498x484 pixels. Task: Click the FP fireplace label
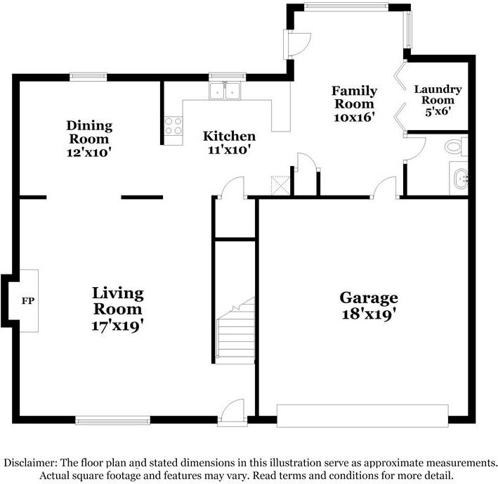pyautogui.click(x=28, y=302)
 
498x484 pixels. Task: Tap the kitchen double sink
pyautogui.click(x=227, y=91)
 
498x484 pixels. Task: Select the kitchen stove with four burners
pyautogui.click(x=173, y=126)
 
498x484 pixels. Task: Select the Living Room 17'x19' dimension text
pyautogui.click(x=118, y=325)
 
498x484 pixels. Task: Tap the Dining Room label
pyautogui.click(x=89, y=132)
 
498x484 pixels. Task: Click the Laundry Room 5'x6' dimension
pyautogui.click(x=437, y=110)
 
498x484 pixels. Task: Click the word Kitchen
pyautogui.click(x=229, y=136)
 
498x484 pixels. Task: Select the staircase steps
pyautogui.click(x=235, y=334)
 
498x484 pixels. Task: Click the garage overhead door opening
pyautogui.click(x=362, y=415)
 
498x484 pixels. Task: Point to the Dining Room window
pyautogui.click(x=88, y=77)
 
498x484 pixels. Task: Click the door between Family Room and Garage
pyautogui.click(x=385, y=189)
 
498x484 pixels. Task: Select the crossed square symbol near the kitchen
pyautogui.click(x=280, y=184)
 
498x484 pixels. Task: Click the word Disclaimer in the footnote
pyautogui.click(x=32, y=463)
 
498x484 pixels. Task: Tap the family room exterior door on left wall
pyautogui.click(x=291, y=44)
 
